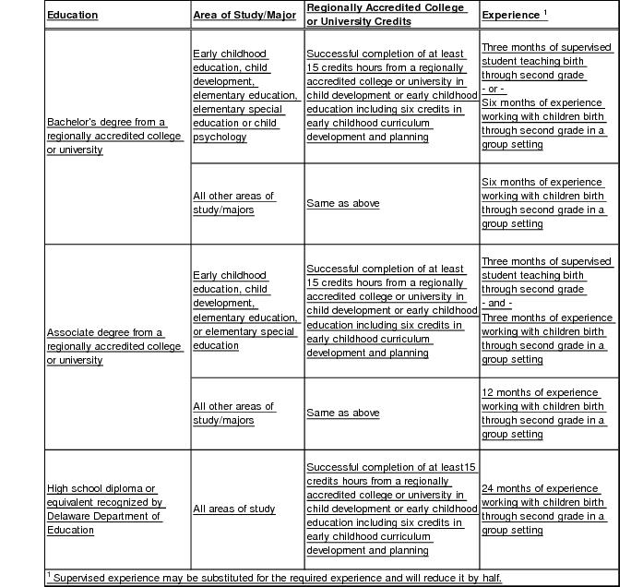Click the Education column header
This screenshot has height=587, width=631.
[73, 16]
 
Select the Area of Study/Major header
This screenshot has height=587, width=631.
[244, 16]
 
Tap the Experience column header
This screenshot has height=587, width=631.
[513, 16]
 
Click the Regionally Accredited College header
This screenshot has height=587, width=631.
[386, 8]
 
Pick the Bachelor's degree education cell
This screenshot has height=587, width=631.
[115, 136]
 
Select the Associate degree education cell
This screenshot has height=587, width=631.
[115, 346]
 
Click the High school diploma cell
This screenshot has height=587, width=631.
[106, 509]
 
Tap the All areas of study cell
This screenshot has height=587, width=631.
[234, 509]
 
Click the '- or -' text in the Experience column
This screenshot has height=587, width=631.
[494, 89]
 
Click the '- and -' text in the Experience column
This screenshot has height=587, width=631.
[497, 304]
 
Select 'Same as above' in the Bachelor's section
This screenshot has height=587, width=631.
[343, 203]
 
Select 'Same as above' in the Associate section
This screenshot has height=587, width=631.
[343, 413]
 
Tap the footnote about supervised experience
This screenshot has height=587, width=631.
[277, 578]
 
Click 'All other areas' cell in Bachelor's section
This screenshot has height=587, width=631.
[234, 203]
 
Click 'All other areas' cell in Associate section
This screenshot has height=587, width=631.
[234, 413]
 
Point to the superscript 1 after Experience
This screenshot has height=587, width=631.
[545, 12]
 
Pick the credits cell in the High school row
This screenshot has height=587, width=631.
[391, 509]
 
